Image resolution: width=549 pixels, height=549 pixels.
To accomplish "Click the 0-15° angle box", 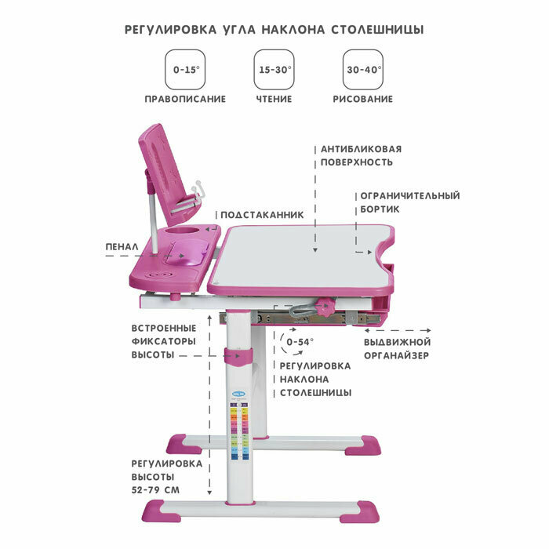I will click(186, 70).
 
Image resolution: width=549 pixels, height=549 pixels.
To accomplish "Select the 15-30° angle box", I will click(274, 70).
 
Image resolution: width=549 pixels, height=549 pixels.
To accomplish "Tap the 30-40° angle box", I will click(363, 70).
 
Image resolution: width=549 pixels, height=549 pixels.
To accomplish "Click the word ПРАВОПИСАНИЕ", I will click(185, 100).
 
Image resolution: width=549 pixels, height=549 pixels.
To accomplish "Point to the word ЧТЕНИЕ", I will click(274, 100).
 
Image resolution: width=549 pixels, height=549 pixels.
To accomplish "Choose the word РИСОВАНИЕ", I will click(362, 100).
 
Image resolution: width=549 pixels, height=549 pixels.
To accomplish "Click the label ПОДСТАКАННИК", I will click(261, 214).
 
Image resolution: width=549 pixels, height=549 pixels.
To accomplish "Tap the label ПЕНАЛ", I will click(122, 246).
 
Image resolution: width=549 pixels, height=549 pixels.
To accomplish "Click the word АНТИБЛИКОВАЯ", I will click(361, 148).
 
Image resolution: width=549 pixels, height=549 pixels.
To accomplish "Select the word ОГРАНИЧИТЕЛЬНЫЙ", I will click(409, 195).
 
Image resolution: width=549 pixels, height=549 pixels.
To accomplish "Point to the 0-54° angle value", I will click(300, 342).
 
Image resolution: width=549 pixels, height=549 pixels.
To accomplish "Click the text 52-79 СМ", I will click(156, 490).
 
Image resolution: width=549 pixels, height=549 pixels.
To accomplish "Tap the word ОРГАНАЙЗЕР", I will click(397, 355).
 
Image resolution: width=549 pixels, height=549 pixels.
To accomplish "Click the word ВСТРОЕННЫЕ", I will click(163, 327).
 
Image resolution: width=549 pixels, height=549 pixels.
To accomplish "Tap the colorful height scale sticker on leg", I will click(240, 424).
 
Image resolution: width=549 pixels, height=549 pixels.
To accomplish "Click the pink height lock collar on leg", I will click(239, 357).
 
